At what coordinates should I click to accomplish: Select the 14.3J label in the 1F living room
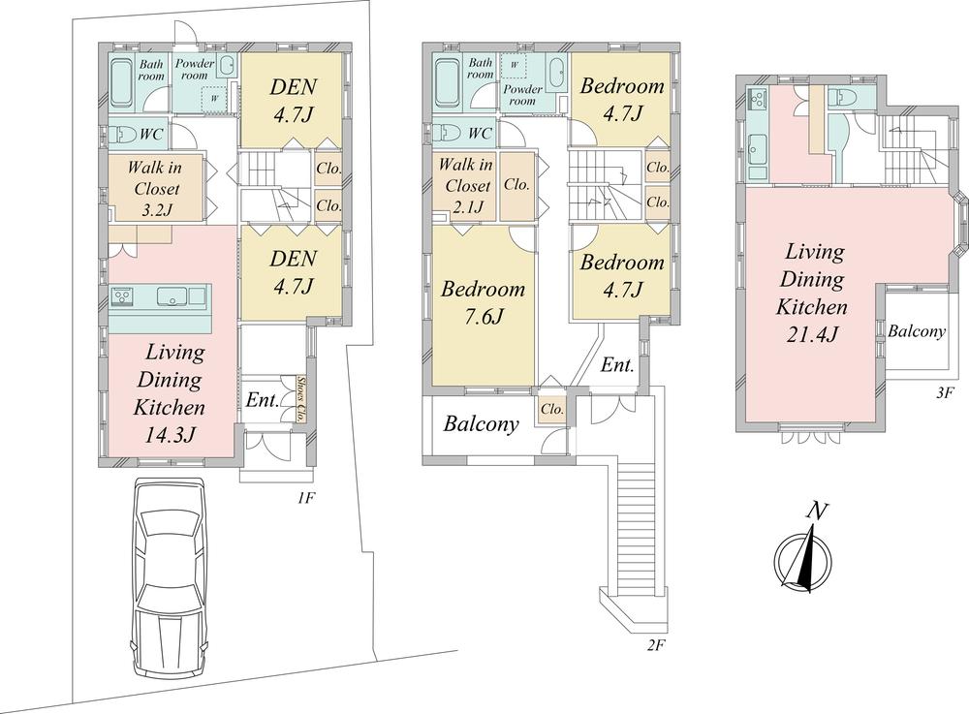coord(171,435)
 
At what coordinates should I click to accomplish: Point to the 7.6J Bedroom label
coord(484,316)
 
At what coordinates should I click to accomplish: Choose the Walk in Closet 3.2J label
coord(158,189)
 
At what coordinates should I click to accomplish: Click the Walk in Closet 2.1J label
coord(465,186)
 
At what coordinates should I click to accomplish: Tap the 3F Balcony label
coord(917,331)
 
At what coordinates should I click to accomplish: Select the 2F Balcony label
coord(482,424)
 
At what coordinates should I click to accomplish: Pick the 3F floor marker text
coord(945,395)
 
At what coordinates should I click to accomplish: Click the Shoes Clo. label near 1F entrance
coord(302,396)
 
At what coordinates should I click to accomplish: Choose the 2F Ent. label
coord(617,366)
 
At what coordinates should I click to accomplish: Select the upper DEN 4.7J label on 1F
coord(290,101)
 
